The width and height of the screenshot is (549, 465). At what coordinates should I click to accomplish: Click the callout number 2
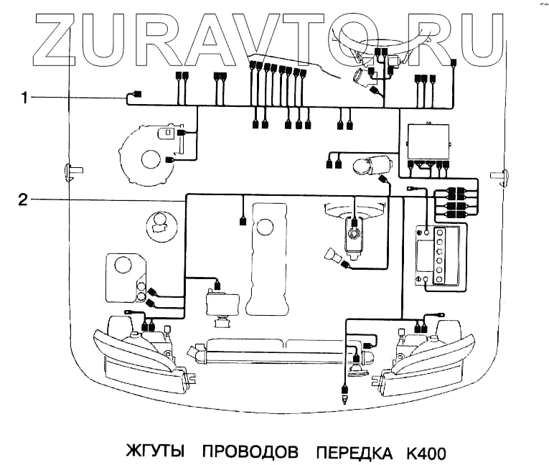click(x=23, y=199)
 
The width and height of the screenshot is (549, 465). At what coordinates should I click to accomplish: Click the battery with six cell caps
click(x=439, y=255)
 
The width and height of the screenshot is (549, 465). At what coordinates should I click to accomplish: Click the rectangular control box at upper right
click(x=428, y=143)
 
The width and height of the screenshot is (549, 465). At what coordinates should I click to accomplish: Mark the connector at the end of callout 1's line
click(x=138, y=95)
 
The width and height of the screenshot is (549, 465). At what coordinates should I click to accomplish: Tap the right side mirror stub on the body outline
click(x=497, y=174)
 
